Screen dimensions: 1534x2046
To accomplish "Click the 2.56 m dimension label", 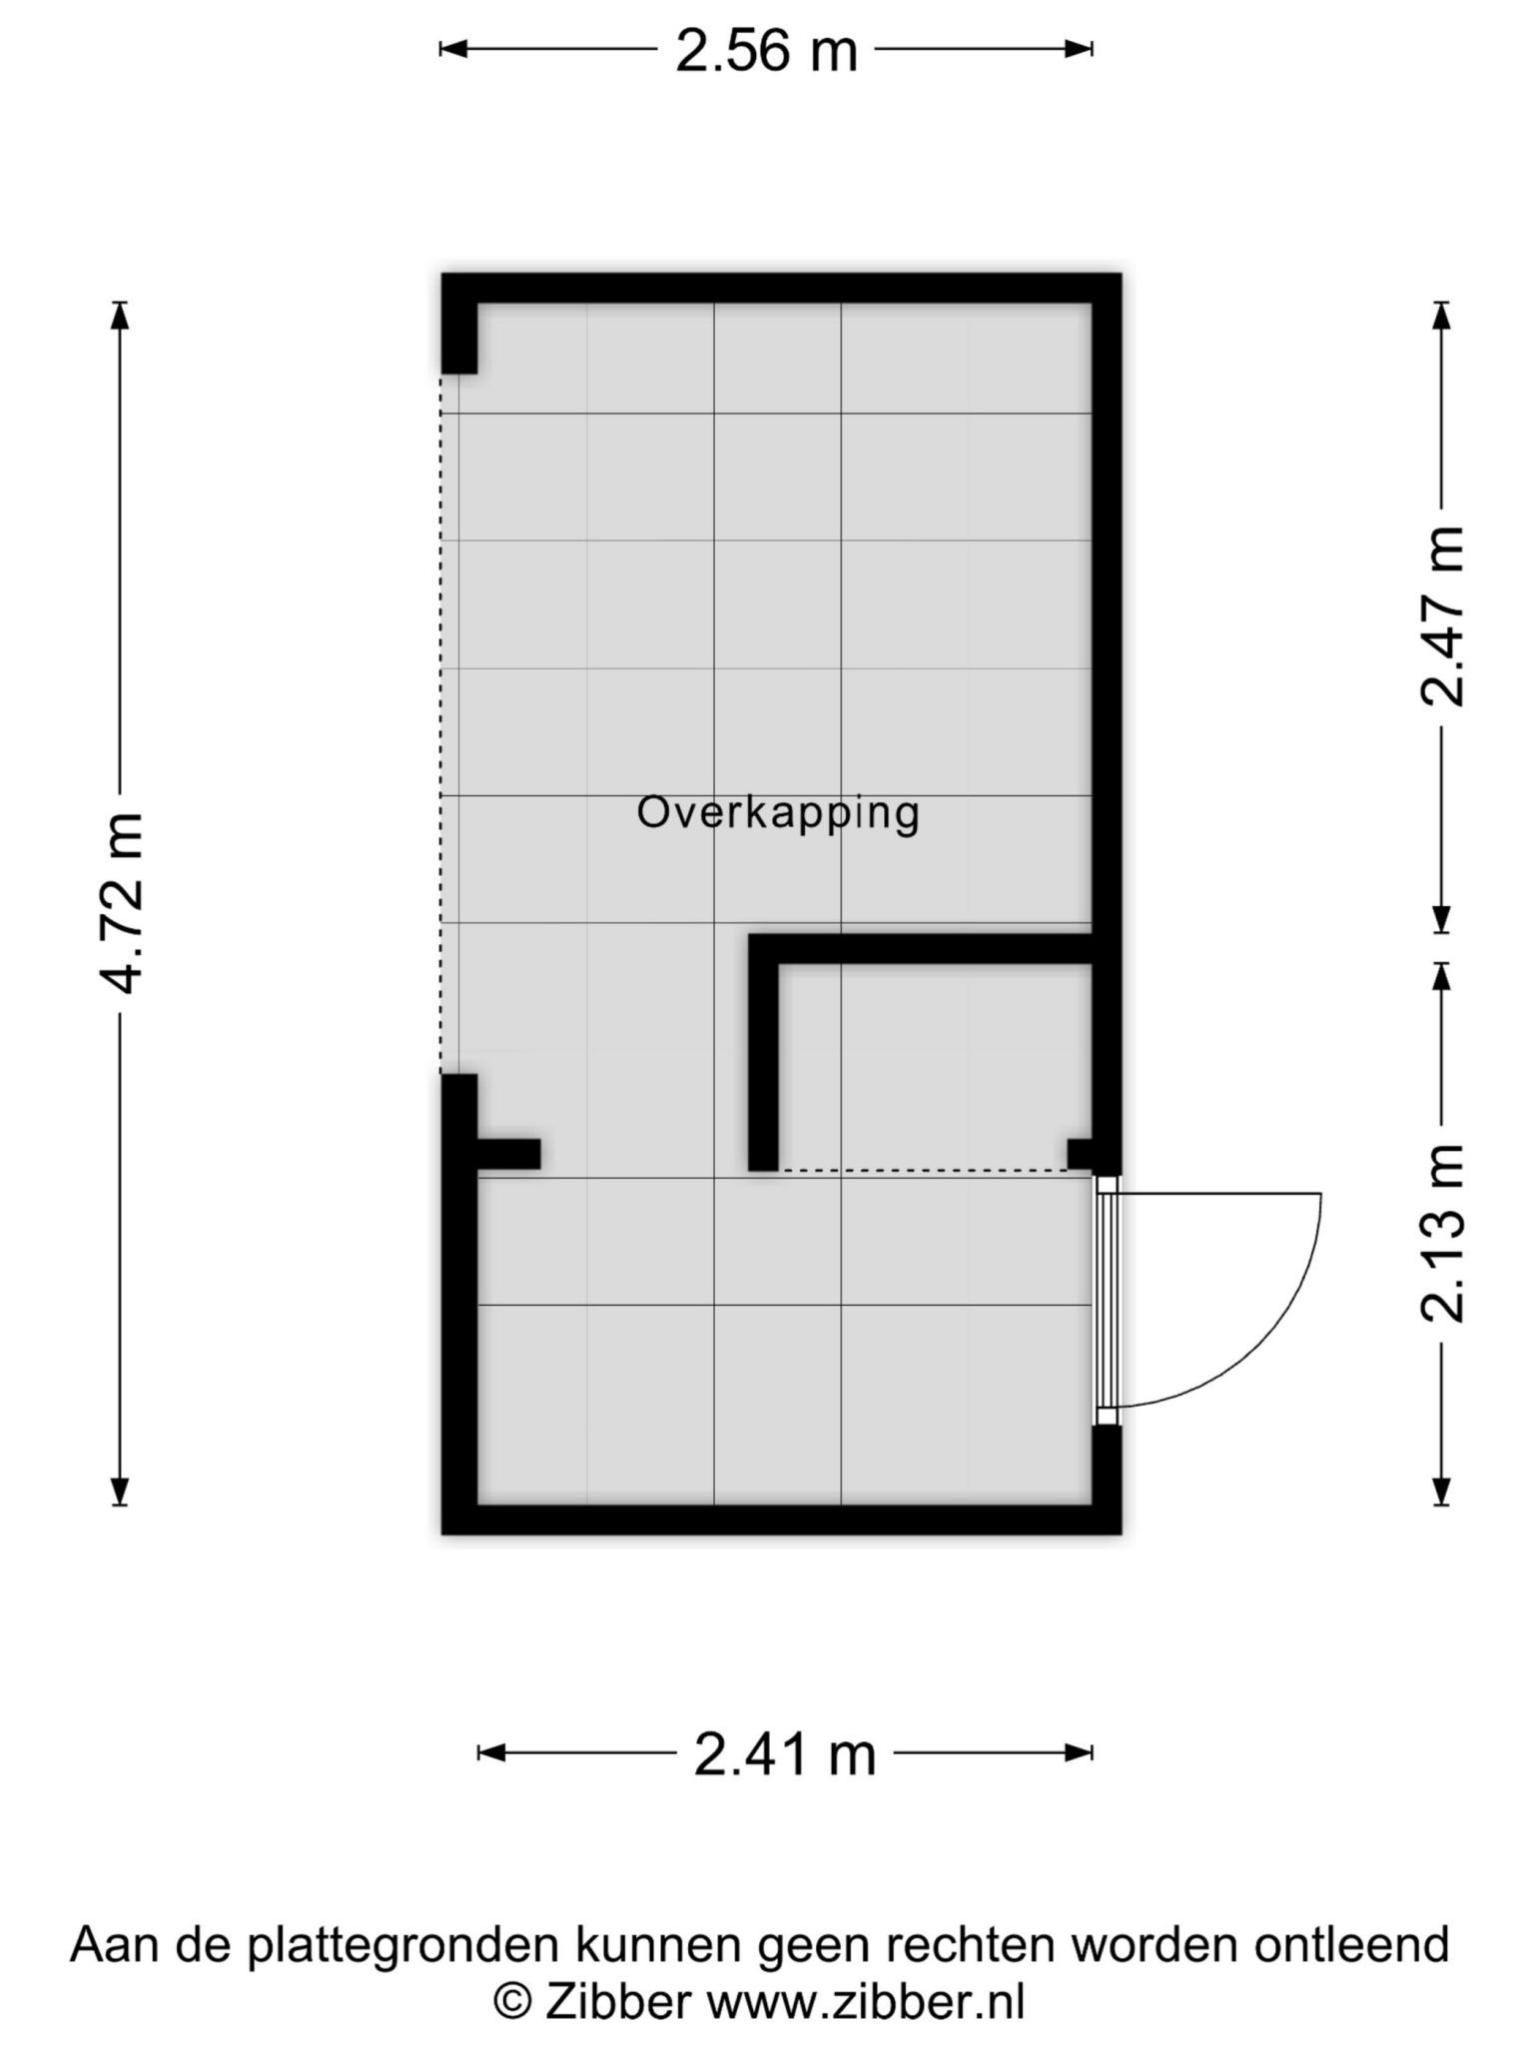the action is point(766,51).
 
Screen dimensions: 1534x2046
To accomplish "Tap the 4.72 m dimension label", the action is point(124,903).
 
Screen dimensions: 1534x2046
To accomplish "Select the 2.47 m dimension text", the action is point(1443,616).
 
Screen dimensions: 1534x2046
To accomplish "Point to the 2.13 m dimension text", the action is point(1443,1233).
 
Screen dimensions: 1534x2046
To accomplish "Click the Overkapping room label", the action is point(778,814).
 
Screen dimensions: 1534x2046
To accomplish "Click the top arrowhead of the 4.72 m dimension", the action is point(120,314).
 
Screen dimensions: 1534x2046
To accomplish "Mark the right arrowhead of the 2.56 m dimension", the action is point(1079,48).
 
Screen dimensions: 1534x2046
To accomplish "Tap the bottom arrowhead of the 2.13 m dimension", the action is point(1441,1491).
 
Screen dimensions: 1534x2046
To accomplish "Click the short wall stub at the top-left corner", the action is point(459,338).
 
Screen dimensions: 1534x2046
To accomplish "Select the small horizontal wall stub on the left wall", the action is point(509,1154).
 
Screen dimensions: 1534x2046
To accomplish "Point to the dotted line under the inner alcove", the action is point(924,1170).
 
